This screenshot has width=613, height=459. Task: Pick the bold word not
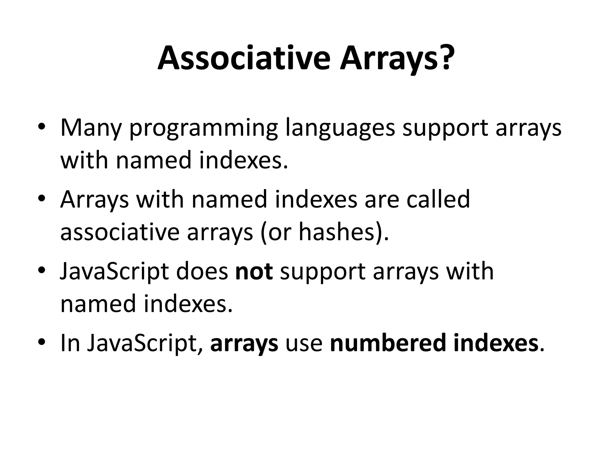(254, 271)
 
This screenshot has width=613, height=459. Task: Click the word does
(202, 271)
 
